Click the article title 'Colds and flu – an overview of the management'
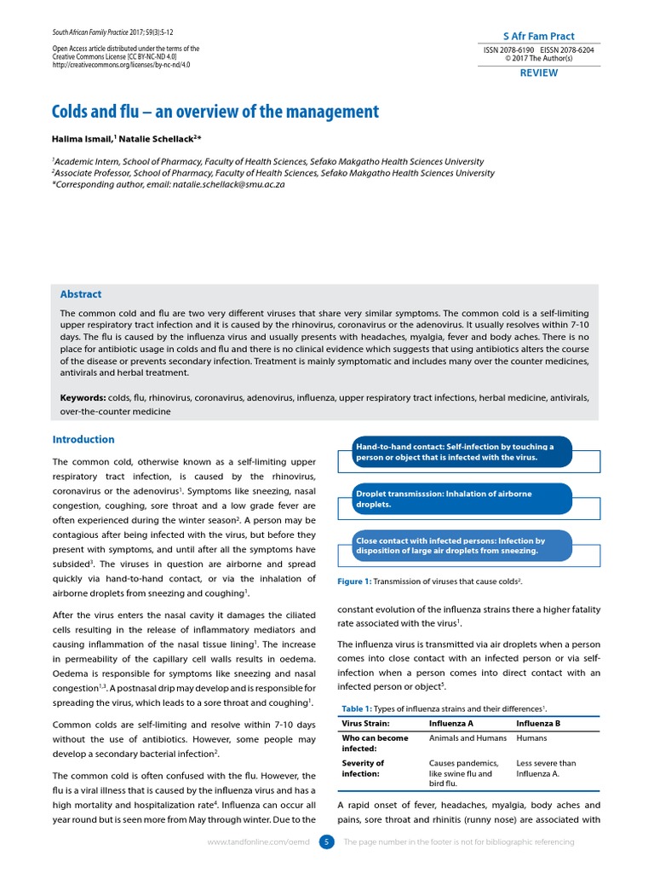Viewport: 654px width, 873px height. tap(215, 112)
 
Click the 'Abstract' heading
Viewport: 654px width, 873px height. tap(81, 294)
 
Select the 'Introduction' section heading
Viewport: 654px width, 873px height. tap(83, 440)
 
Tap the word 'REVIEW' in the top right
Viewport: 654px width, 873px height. tap(539, 73)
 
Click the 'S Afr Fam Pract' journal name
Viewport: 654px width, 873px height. tap(539, 36)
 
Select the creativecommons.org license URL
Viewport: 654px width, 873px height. tap(121, 64)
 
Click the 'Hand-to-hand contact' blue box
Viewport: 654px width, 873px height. tap(462, 452)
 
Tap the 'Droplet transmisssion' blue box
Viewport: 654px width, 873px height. tap(462, 499)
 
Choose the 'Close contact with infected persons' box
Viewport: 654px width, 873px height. tap(462, 546)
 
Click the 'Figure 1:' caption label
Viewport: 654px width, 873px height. tap(355, 581)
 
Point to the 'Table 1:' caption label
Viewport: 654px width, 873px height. tap(357, 708)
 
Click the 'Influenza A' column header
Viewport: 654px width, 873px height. tap(451, 725)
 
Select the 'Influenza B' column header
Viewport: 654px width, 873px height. tap(539, 725)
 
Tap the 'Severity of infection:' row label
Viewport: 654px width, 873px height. tap(364, 768)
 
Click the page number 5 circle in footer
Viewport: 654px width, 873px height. tap(326, 842)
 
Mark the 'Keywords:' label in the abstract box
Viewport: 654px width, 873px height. tap(83, 397)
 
